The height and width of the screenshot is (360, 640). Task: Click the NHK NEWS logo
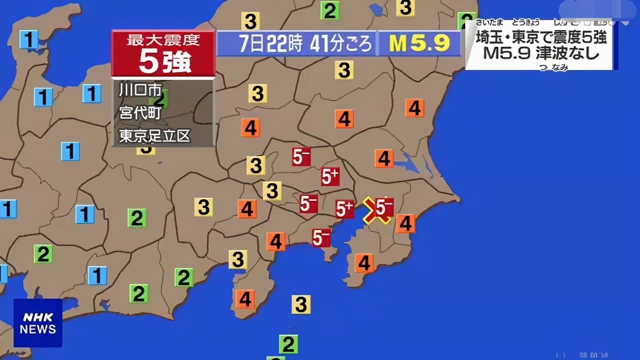coord(37,323)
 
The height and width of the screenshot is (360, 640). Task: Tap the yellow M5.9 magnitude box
coord(419,43)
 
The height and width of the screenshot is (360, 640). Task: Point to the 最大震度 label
coord(163,39)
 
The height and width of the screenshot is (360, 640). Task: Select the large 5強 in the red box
coord(163,61)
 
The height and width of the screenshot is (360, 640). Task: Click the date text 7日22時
coord(270,44)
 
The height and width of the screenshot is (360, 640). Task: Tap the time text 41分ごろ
coord(341,44)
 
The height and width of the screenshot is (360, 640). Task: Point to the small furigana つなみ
coord(553,68)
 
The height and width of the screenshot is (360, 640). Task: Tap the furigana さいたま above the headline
coord(489,22)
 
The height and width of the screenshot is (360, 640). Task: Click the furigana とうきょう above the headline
coord(525,22)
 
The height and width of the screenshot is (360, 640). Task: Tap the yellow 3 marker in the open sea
coord(301,304)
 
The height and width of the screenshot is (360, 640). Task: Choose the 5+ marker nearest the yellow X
coord(344,209)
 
